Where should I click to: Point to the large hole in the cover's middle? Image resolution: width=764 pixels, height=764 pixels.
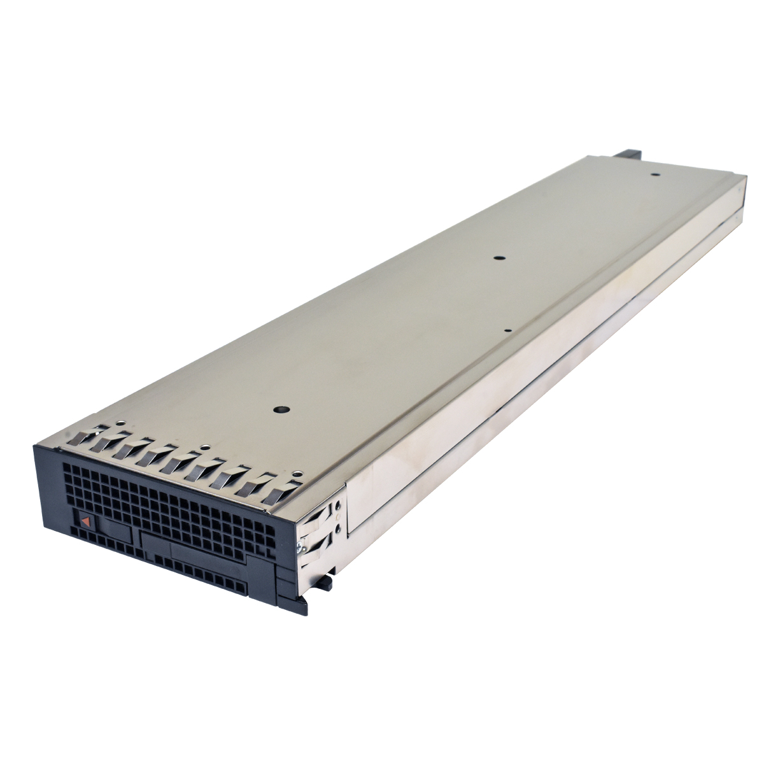[499, 258]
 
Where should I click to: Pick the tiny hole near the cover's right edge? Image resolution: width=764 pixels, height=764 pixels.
[507, 330]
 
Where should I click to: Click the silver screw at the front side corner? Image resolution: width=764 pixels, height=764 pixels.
[298, 545]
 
